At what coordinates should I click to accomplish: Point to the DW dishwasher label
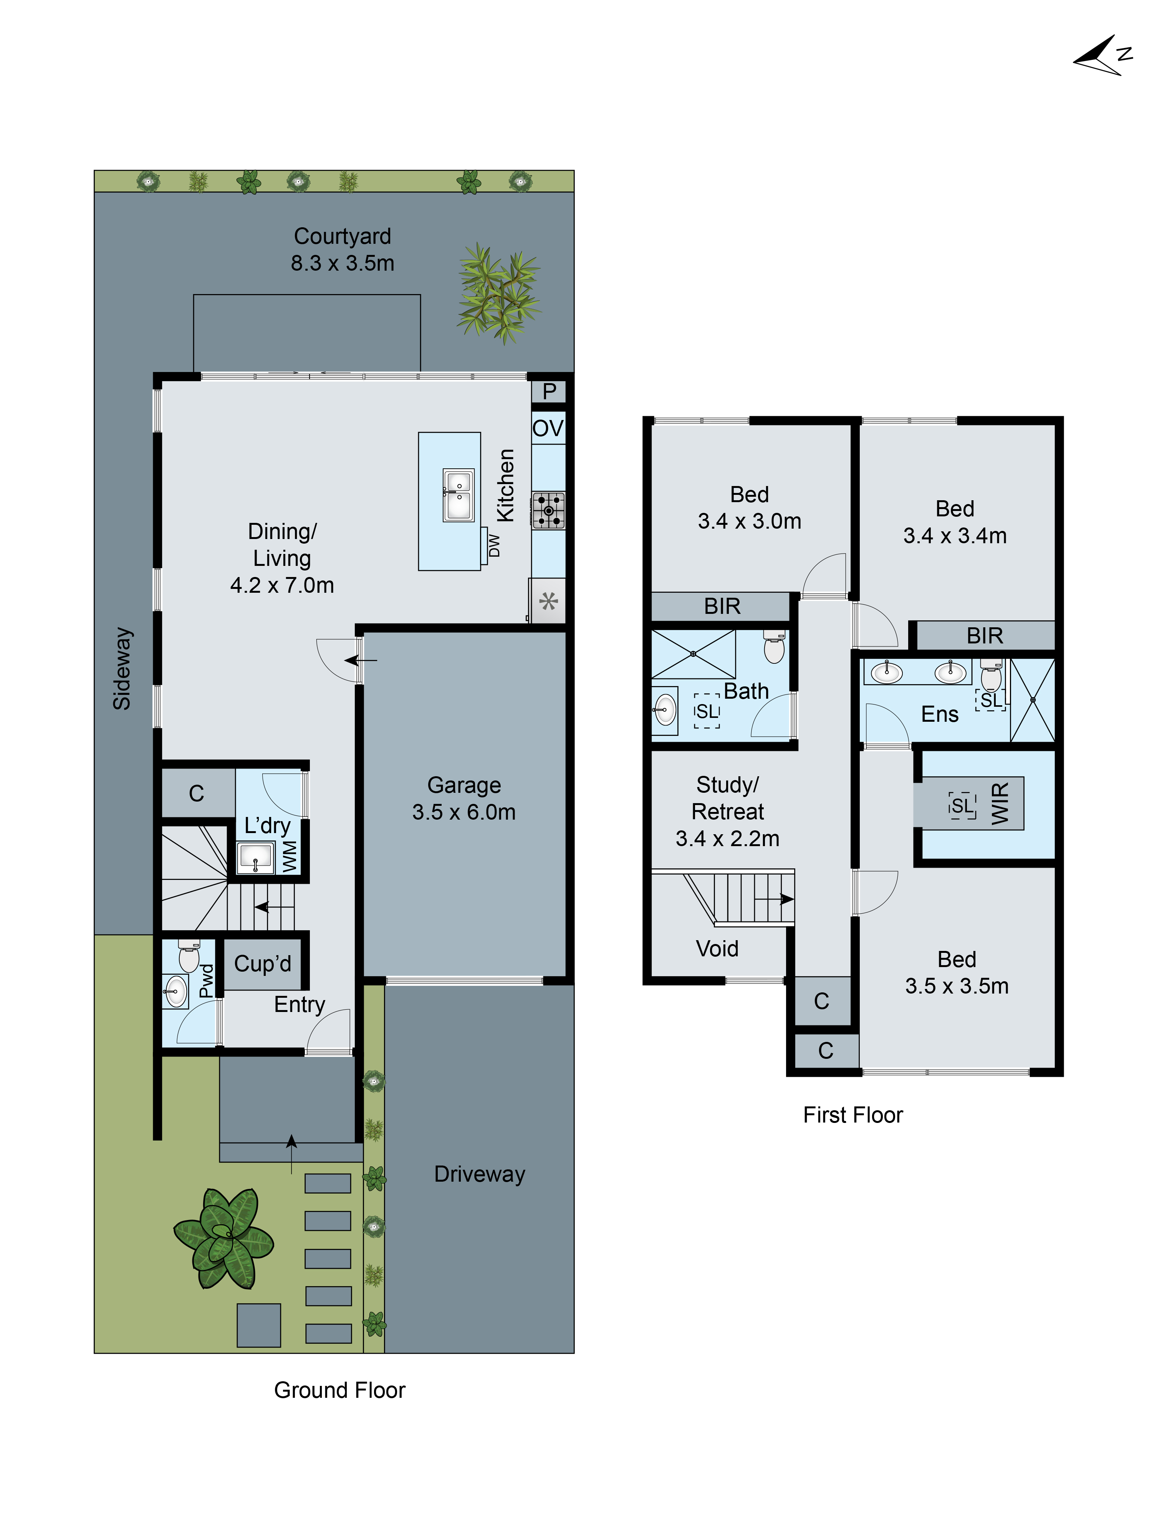(x=494, y=545)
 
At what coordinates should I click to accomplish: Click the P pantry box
(x=549, y=392)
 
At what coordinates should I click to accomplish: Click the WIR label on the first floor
(x=999, y=804)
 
